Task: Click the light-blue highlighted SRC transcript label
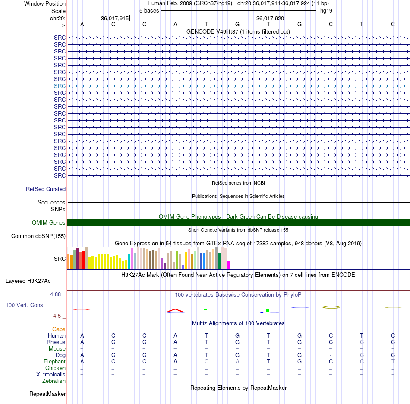pos(60,86)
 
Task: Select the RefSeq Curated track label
pos(46,189)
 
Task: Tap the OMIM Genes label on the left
pos(49,223)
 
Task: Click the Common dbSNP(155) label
pos(38,236)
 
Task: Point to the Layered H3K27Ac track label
pos(28,281)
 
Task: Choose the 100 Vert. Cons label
pos(24,305)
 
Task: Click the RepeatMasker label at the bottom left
pos(47,394)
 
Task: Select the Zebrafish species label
pos(54,381)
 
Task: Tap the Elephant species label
pos(55,362)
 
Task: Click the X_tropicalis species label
pos(51,375)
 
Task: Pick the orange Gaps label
pos(59,329)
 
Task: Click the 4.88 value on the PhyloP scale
pos(55,294)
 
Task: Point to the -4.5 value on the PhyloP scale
pos(56,316)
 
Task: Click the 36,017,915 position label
pos(115,18)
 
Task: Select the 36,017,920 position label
pos(270,18)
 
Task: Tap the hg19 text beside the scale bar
pos(326,11)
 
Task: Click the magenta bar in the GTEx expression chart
pos(229,265)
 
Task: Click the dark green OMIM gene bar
pos(239,223)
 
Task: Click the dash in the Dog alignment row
pos(331,355)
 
